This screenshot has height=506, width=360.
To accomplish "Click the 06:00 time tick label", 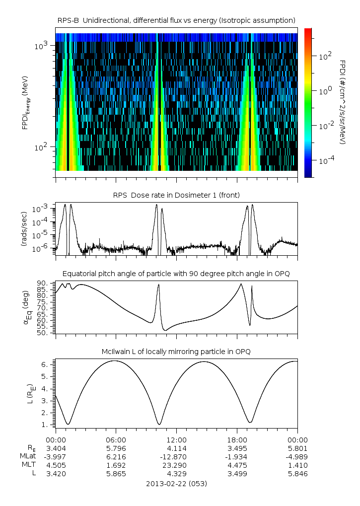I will click(x=116, y=440).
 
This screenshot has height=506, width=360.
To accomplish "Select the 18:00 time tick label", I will click(x=237, y=440).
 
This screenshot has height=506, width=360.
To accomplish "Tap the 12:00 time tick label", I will click(x=176, y=440).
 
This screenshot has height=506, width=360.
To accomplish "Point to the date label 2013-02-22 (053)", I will click(x=176, y=483).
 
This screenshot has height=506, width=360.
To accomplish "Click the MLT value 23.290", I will click(x=176, y=465).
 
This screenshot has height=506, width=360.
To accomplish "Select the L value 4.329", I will click(x=176, y=474).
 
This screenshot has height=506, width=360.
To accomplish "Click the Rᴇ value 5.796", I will click(x=116, y=448).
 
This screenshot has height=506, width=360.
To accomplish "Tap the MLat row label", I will click(x=29, y=457).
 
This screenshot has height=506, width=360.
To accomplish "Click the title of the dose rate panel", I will click(x=176, y=194).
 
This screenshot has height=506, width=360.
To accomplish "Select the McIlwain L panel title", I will click(x=176, y=352).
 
